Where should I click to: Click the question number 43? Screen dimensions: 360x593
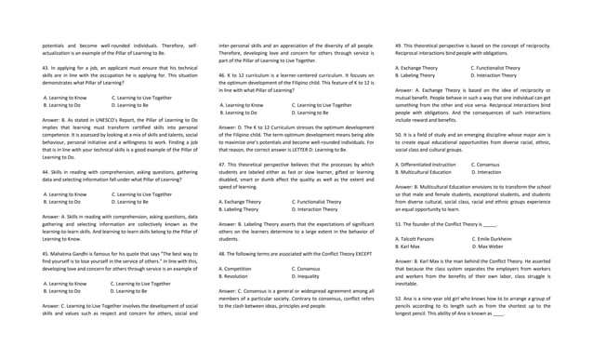pyautogui.click(x=46, y=69)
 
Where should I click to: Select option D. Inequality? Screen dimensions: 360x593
pyautogui.click(x=310, y=276)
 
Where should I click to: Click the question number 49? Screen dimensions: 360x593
pyautogui.click(x=399, y=45)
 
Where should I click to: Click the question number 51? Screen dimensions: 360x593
pyautogui.click(x=399, y=224)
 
